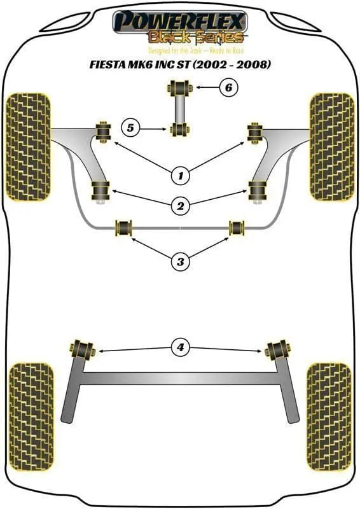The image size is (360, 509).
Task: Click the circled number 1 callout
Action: (181, 176)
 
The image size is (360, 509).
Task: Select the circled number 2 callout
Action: (181, 206)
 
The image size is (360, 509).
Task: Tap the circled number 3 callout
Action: (181, 261)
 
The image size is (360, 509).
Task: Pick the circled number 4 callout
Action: (181, 347)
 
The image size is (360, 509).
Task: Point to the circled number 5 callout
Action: (130, 128)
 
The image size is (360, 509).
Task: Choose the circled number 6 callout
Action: (228, 87)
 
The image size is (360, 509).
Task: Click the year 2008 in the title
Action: (252, 64)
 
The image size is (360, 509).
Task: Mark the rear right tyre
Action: (329, 417)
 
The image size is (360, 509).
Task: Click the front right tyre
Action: (332, 147)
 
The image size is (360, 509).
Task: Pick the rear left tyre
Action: (31, 417)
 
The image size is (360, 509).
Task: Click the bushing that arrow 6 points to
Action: (179, 88)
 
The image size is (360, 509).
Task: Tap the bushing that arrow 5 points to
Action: (179, 129)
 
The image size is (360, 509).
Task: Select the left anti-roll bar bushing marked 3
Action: (123, 228)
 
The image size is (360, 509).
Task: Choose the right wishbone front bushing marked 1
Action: (255, 133)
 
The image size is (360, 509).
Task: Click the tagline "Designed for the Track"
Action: (176, 51)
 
